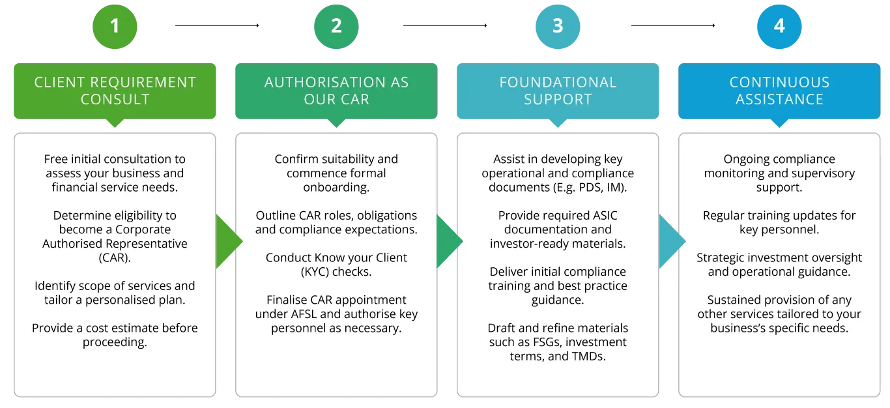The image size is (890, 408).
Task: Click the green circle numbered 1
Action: (x=115, y=26)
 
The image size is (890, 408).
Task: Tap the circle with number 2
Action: (x=336, y=26)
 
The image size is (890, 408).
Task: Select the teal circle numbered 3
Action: (x=558, y=26)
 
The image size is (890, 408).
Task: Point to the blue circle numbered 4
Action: (x=779, y=26)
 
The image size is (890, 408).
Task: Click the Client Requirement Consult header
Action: (x=115, y=91)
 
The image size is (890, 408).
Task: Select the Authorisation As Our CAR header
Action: (x=336, y=91)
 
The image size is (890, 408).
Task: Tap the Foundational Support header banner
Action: (x=558, y=91)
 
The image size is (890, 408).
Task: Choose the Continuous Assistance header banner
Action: (x=779, y=91)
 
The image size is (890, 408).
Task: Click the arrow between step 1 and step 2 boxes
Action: (x=227, y=242)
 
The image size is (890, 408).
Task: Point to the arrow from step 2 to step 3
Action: (x=448, y=242)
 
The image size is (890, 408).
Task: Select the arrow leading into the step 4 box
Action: (x=670, y=242)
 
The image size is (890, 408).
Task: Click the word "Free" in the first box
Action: (x=57, y=159)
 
